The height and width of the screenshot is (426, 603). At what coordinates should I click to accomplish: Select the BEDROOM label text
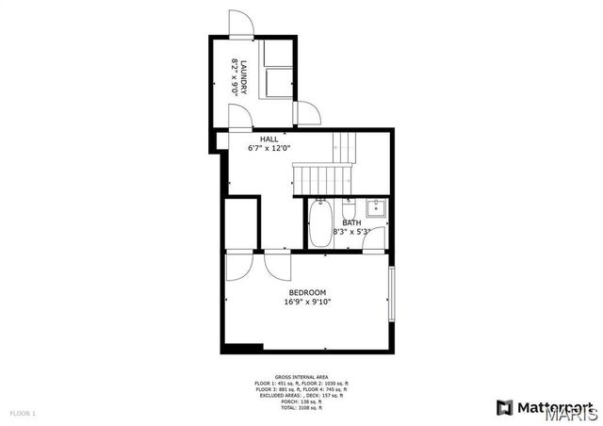[x=307, y=292]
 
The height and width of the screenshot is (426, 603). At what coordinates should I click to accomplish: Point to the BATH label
[x=351, y=222]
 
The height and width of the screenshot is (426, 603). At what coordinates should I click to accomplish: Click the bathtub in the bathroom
[x=320, y=223]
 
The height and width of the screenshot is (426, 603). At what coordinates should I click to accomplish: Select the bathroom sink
[x=374, y=207]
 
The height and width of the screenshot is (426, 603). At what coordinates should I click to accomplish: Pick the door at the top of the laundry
[x=241, y=25]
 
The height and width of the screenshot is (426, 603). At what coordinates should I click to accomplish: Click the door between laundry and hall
[x=241, y=116]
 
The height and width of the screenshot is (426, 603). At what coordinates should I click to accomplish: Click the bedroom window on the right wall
[x=391, y=295]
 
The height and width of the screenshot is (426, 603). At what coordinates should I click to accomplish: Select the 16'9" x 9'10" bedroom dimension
[x=307, y=303]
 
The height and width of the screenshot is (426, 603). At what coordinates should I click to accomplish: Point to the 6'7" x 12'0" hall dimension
[x=269, y=148]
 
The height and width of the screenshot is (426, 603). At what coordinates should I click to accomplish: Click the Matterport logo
[x=546, y=407]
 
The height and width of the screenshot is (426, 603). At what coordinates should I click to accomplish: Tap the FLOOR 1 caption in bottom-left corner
[x=23, y=413]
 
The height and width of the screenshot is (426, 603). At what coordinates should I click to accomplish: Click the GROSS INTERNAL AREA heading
[x=301, y=375]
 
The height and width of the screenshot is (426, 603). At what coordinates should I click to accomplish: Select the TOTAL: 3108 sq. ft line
[x=301, y=408]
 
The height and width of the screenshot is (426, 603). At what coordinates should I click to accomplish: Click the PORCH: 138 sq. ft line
[x=301, y=401]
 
